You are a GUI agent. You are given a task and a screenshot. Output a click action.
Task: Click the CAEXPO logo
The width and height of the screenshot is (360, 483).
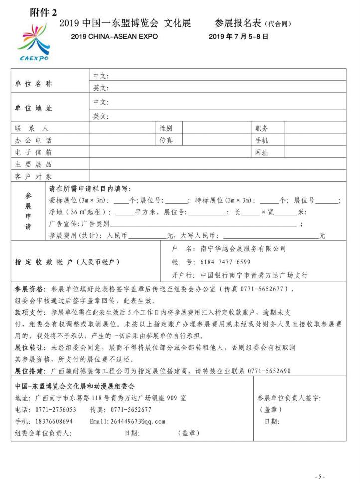[34, 43]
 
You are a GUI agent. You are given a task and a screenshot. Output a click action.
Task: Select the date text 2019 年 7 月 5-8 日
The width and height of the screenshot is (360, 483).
[238, 36]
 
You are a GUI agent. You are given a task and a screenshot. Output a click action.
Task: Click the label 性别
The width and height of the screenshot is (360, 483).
[166, 128]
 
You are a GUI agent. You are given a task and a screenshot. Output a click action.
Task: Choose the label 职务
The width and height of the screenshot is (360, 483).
[262, 128]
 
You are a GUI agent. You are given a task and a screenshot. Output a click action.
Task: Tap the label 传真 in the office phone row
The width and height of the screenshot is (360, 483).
[166, 140]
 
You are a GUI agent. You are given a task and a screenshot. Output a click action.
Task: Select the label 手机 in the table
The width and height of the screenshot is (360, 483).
[262, 140]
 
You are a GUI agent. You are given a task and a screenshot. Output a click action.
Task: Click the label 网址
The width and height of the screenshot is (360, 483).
[262, 152]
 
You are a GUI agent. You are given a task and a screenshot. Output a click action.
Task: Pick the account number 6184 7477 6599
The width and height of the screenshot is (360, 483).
[225, 262]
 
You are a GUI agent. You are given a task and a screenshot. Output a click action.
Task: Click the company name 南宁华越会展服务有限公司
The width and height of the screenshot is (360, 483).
[243, 248]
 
